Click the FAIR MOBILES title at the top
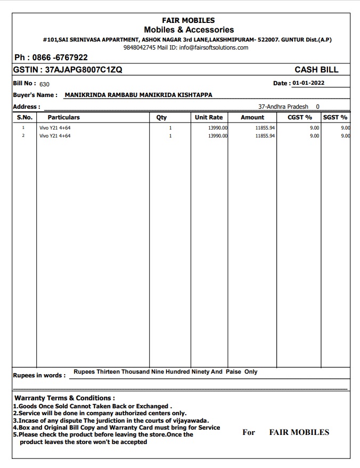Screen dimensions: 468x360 click(x=189, y=20)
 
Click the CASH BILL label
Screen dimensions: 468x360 click(x=316, y=70)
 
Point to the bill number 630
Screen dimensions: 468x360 click(x=44, y=84)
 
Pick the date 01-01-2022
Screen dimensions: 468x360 click(x=308, y=83)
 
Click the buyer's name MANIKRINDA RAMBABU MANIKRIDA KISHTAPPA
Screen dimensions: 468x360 click(x=138, y=95)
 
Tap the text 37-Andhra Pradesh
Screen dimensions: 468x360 click(x=283, y=107)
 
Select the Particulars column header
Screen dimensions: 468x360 click(x=63, y=117)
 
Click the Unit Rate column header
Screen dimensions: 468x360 click(x=209, y=117)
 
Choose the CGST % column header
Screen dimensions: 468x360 click(x=299, y=117)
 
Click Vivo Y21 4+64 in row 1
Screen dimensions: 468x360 click(x=55, y=128)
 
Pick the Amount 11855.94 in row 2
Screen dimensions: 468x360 click(x=265, y=136)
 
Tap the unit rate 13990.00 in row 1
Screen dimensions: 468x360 click(x=217, y=128)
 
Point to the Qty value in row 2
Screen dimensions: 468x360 click(x=170, y=136)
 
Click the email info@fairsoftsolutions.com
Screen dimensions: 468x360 click(x=214, y=47)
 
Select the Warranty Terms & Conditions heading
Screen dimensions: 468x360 click(x=64, y=398)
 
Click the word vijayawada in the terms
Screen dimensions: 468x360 click(x=190, y=420)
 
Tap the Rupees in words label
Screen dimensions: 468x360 click(x=39, y=375)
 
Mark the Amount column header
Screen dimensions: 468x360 click(x=252, y=117)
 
